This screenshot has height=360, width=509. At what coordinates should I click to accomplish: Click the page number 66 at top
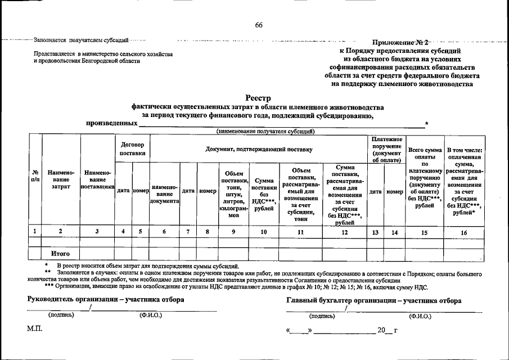[259, 25]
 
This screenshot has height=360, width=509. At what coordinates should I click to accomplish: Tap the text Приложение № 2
[400, 43]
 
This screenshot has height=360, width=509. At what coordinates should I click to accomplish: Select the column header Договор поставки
[132, 148]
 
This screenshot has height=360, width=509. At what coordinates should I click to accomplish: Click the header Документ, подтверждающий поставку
[258, 148]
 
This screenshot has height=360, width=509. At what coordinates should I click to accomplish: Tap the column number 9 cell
[233, 231]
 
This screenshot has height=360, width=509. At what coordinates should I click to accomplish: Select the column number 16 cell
[465, 231]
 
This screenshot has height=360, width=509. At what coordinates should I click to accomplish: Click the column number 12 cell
[344, 231]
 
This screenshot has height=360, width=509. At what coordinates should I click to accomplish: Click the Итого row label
[61, 254]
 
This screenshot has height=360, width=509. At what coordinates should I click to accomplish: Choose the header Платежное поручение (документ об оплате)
[386, 150]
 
